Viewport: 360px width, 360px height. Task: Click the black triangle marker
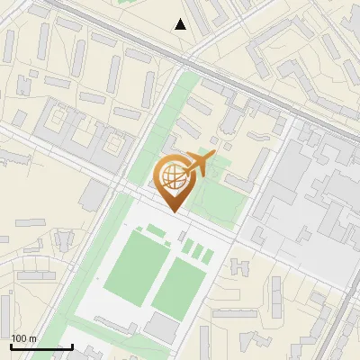click(181, 24)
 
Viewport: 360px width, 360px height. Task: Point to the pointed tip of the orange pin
click(175, 211)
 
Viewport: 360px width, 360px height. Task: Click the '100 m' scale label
click(23, 338)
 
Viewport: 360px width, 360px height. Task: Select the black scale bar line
click(41, 346)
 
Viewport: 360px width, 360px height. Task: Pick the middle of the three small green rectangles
click(196, 249)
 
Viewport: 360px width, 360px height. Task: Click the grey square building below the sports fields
click(161, 328)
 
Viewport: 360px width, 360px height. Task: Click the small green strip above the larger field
click(156, 231)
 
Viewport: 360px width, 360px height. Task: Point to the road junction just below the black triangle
click(186, 61)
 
